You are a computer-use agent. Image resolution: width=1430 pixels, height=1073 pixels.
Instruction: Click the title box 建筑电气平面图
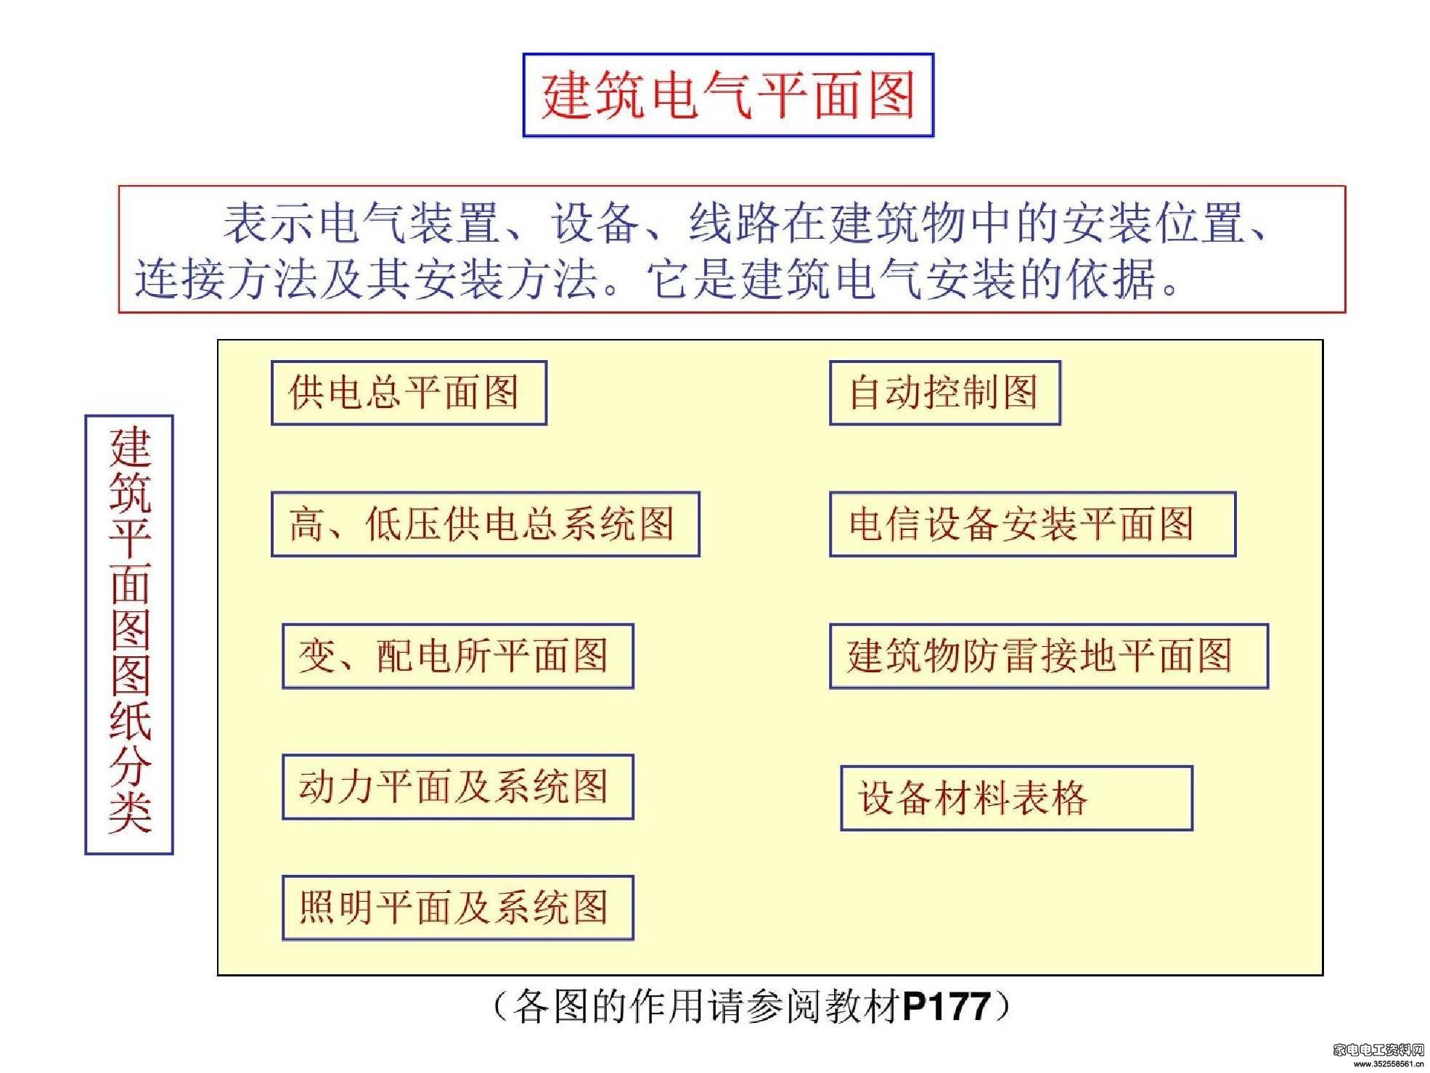[x=728, y=95]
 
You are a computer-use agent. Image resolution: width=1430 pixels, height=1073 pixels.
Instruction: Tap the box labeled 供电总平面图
[x=409, y=393]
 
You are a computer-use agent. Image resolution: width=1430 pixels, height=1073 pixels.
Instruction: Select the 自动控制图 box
[x=945, y=393]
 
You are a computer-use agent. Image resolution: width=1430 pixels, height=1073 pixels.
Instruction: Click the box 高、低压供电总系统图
[x=486, y=524]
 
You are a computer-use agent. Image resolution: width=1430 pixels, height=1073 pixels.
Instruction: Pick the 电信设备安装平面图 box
[x=1032, y=524]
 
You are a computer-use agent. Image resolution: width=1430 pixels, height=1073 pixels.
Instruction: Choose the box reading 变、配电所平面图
[x=458, y=656]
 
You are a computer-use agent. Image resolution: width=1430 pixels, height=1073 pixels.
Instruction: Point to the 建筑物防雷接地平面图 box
[x=1049, y=656]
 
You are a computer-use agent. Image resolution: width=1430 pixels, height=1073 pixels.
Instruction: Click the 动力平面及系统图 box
[x=458, y=787]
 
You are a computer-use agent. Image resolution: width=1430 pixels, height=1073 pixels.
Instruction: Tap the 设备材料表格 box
[x=1016, y=798]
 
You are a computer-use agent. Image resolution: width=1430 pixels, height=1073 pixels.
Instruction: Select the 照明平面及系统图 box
[x=458, y=908]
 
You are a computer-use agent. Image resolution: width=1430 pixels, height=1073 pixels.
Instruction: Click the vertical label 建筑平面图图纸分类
[x=129, y=635]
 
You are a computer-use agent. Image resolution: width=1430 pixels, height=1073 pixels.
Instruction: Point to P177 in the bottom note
[x=947, y=1007]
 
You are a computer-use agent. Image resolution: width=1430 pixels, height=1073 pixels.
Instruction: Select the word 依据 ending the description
[x=1111, y=280]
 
